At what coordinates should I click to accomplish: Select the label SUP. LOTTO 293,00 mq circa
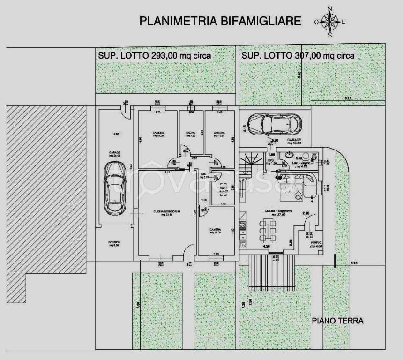coord(154,55)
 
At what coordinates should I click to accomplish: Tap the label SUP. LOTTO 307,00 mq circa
coord(298,55)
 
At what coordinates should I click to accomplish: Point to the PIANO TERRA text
coord(338,321)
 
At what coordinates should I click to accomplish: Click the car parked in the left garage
coord(114,187)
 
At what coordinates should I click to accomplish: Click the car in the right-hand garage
coord(273,124)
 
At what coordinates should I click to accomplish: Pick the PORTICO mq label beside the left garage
coord(114,243)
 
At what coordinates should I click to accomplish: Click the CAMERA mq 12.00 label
coord(215,231)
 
